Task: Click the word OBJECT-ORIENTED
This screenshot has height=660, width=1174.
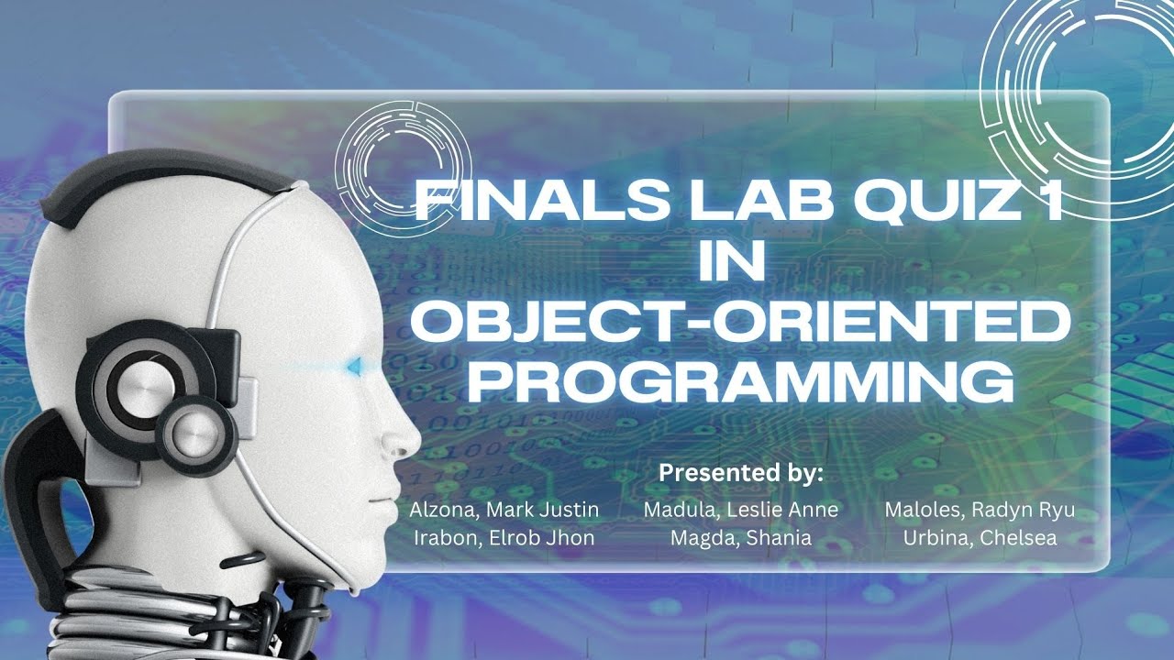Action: [x=740, y=323]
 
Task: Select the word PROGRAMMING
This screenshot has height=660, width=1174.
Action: [x=740, y=382]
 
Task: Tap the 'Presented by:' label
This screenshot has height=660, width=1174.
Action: [x=741, y=474]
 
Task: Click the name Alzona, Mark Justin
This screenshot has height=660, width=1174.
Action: [x=504, y=509]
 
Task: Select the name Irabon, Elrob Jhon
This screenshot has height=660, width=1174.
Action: [x=504, y=538]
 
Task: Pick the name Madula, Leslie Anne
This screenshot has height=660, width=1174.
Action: [x=741, y=509]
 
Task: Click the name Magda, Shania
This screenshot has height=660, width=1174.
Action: [x=741, y=538]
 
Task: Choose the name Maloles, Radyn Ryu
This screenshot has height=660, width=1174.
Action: [x=979, y=509]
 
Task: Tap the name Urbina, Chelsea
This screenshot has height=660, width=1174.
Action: [x=979, y=538]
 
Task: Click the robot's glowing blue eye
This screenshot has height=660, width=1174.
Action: [x=352, y=368]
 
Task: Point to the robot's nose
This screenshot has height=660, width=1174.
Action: [x=404, y=440]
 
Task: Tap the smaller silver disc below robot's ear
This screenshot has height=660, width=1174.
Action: [x=194, y=431]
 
